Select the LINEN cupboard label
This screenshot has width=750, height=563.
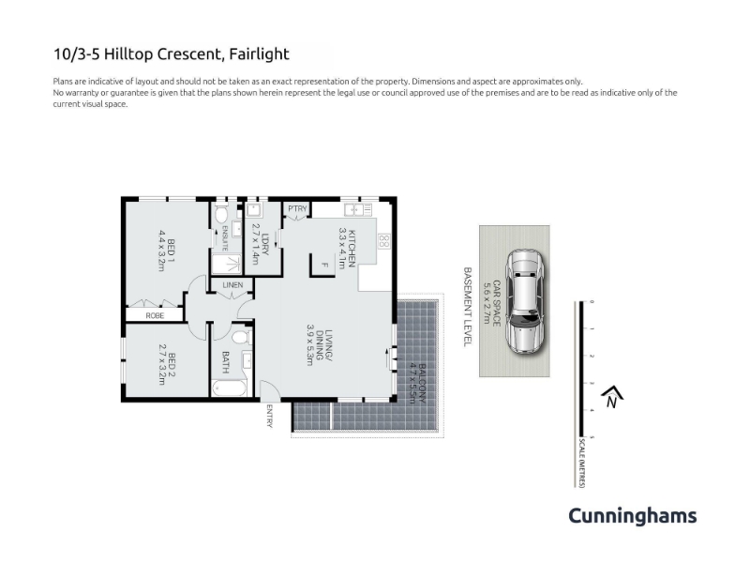coord(232,285)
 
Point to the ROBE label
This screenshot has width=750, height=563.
coord(155,315)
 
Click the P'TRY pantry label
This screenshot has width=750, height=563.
coord(297,208)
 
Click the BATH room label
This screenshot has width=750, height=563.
coord(225,362)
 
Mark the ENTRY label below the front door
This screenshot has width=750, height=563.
coord(269,416)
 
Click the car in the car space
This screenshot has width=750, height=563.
coord(524,301)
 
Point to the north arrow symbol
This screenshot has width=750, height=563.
coord(612,397)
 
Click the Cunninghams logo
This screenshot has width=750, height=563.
coord(632,516)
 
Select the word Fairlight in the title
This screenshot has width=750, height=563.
coord(260,54)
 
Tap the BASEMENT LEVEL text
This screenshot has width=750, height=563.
coord(468,307)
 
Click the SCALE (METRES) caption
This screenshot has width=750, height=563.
coord(582,463)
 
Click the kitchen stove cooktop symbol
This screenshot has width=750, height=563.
coord(384,241)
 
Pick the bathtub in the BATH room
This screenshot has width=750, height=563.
coord(229,388)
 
